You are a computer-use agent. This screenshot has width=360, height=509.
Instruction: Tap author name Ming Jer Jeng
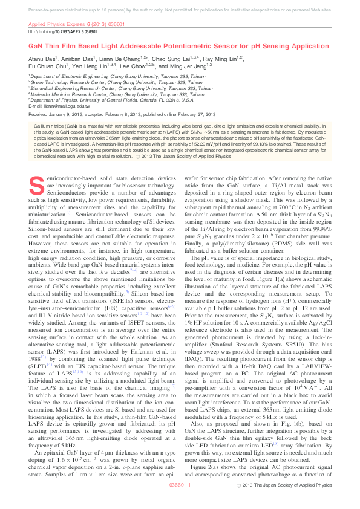[191, 67]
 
